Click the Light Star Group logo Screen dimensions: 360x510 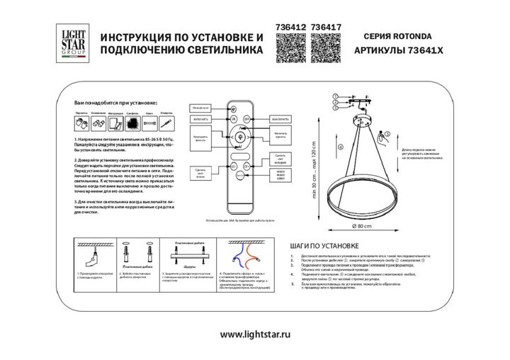(x=66, y=43)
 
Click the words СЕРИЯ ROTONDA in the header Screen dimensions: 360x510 (x=397, y=34)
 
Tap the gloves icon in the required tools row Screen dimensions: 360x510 (x=81, y=123)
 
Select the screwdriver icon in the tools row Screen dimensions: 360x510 (x=164, y=123)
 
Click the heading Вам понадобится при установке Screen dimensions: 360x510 (x=115, y=103)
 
